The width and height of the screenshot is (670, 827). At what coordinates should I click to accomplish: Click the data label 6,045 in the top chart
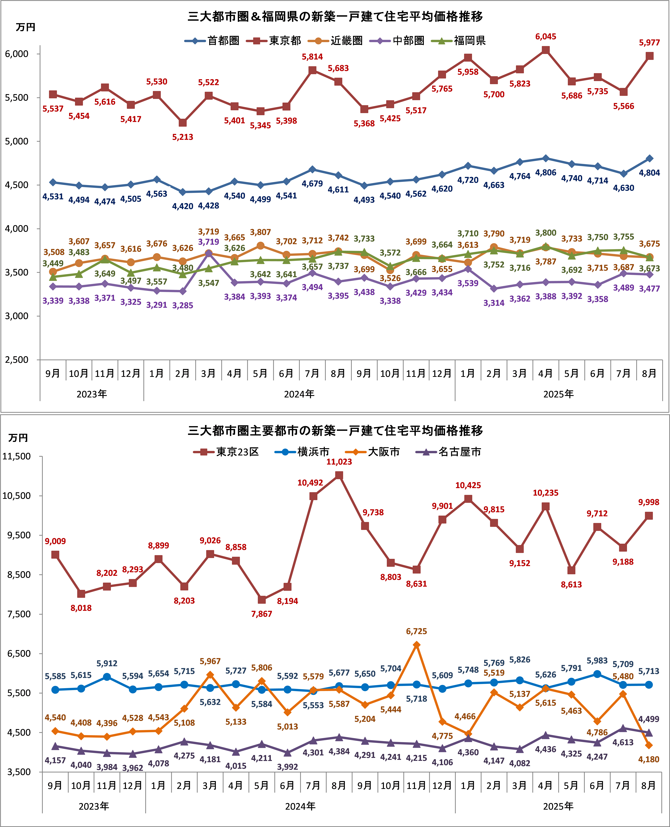point(545,37)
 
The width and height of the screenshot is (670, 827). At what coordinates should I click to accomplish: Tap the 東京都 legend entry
point(284,41)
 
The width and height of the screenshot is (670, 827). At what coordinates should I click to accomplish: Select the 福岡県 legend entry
point(469,41)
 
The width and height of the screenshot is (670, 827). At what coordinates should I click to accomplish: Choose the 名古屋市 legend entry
point(459,452)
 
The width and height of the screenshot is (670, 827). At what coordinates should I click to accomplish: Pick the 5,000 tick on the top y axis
point(17,141)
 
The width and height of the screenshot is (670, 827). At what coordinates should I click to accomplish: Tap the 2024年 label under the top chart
point(299,394)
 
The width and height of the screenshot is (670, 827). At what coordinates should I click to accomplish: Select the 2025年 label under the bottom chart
point(558,806)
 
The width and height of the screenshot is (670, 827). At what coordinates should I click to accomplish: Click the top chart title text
point(335,17)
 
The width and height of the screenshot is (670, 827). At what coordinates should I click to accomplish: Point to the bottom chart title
point(335,431)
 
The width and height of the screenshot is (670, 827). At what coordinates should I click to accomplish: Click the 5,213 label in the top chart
point(183,137)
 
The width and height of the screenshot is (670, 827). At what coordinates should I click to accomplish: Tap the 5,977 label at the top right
point(649,43)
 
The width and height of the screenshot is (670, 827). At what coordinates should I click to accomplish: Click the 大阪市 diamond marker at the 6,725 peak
point(416,645)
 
